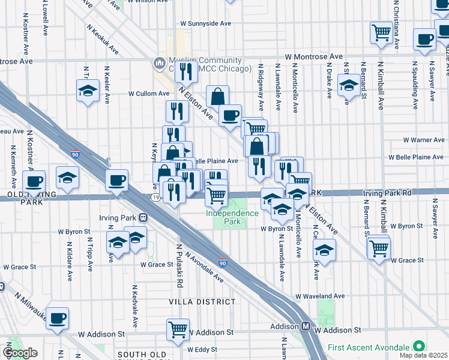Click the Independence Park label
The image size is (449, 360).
click(x=232, y=217)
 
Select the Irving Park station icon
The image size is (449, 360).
click(x=143, y=217)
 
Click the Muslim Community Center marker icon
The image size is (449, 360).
click(x=160, y=62)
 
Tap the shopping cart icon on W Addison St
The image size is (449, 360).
click(x=178, y=329)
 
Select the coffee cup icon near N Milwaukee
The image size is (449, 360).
click(x=58, y=318)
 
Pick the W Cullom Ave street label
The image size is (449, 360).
click(x=149, y=94)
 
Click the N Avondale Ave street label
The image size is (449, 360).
click(x=205, y=268)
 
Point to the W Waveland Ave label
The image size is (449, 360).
click(x=321, y=296)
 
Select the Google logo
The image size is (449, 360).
click(x=20, y=353)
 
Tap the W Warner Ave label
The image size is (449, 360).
click(x=424, y=140)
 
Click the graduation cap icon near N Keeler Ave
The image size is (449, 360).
click(x=88, y=91)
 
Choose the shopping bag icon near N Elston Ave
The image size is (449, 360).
click(x=217, y=95)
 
